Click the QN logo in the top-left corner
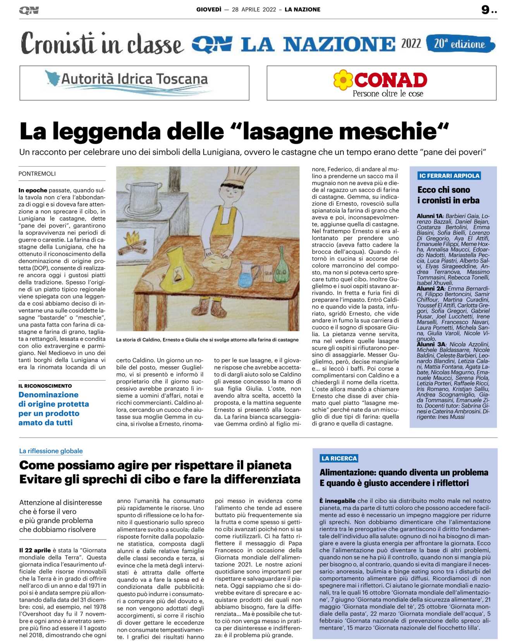tap(29, 10)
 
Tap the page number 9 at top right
tap(486, 10)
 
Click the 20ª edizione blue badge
tap(460, 44)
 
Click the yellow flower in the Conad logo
tap(343, 80)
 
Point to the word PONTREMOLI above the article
tap(37, 174)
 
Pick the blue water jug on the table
tap(246, 274)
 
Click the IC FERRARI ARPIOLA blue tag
tap(449, 176)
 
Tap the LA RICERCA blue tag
tap(339, 458)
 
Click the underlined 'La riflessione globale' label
tap(51, 451)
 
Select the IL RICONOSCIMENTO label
tap(45, 386)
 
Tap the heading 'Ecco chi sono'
tap(443, 190)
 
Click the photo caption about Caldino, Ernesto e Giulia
tap(207, 340)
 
